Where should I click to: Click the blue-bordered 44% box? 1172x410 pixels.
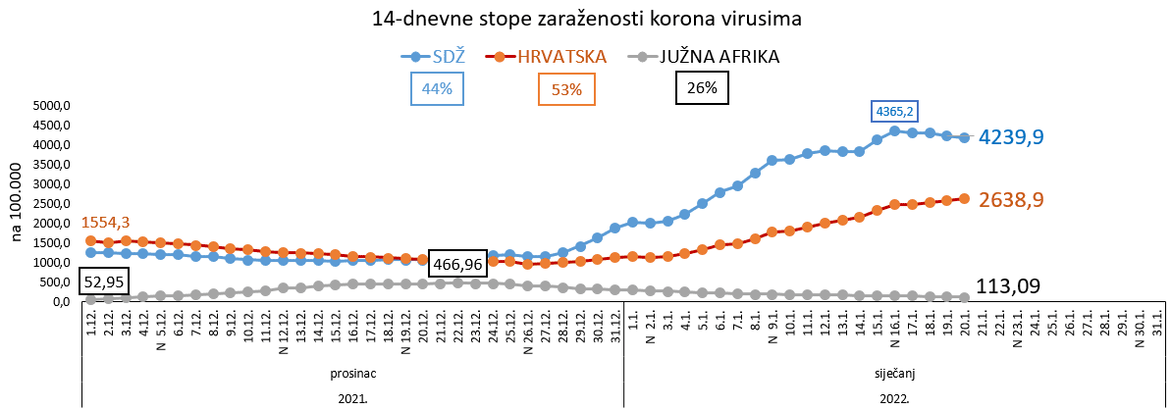tap(437, 89)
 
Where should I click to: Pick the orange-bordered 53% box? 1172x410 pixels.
tap(566, 90)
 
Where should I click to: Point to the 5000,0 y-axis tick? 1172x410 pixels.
tap(53, 106)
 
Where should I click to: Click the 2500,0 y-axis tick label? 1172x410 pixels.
tap(53, 204)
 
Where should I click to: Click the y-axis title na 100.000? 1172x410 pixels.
tap(17, 205)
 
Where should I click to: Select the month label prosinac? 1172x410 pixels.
tap(351, 374)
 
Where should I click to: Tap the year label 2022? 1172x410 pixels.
tap(893, 398)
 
